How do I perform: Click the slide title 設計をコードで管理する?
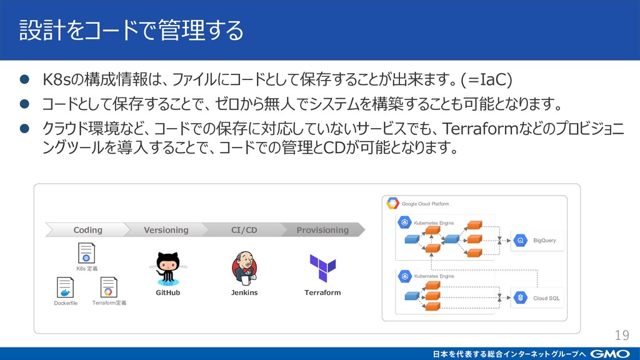tap(131, 30)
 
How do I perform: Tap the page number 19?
tap(622, 335)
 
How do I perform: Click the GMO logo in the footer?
tap(610, 354)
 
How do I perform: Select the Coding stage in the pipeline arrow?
tap(87, 230)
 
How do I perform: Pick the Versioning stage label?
tap(166, 230)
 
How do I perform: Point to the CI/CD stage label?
tap(244, 230)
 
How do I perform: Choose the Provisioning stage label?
tap(322, 230)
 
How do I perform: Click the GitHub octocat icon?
tap(167, 269)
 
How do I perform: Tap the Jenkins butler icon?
tap(244, 268)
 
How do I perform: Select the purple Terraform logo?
tap(322, 268)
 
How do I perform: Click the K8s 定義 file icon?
tap(86, 253)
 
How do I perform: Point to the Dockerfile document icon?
tap(65, 287)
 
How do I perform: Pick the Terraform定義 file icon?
tap(109, 287)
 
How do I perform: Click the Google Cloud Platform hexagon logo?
tap(392, 203)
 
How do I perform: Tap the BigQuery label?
tap(544, 241)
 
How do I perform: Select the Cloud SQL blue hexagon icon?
tap(521, 298)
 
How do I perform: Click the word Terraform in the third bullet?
tap(481, 129)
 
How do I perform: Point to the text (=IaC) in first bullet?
tap(486, 79)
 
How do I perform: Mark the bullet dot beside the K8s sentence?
tap(24, 79)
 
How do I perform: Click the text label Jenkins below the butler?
tap(244, 292)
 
